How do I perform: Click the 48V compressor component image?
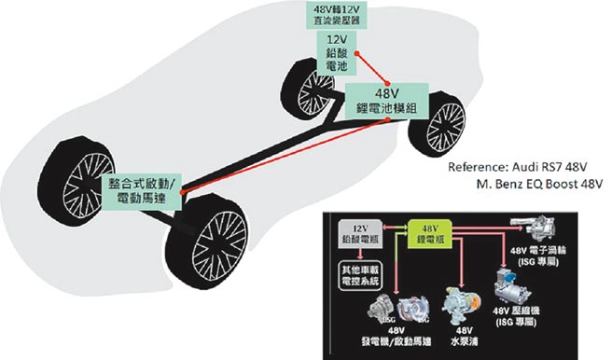point(535,281)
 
